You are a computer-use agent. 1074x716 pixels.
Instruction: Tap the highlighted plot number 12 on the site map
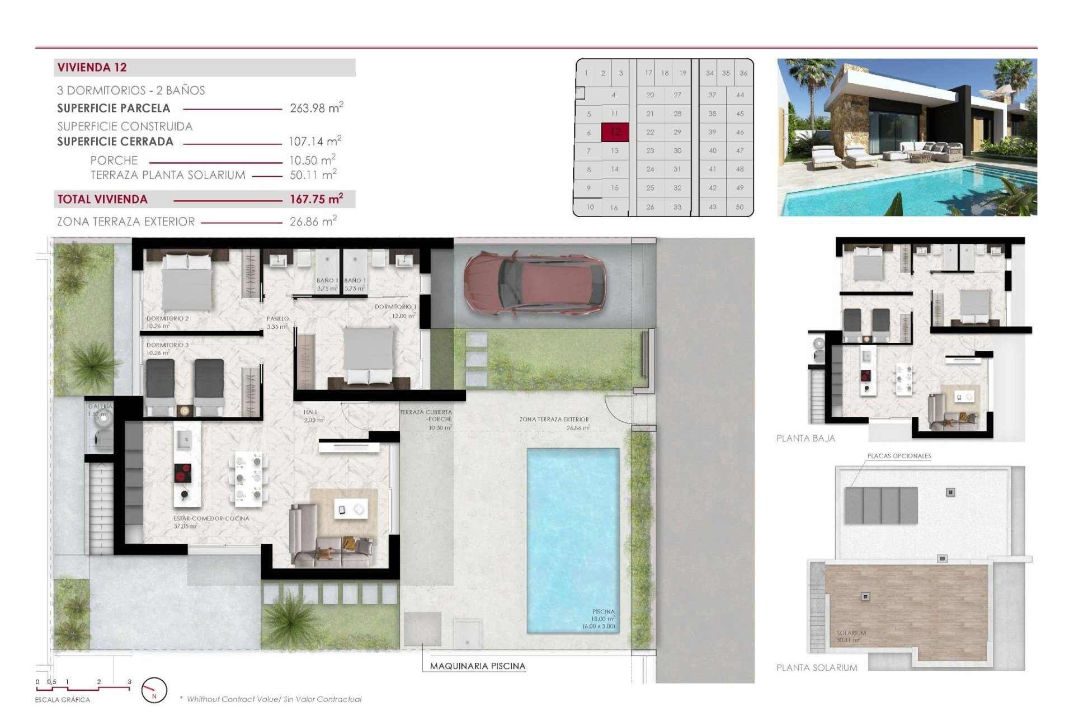click(x=615, y=132)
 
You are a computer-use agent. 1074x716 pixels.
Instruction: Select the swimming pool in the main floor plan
click(x=573, y=540)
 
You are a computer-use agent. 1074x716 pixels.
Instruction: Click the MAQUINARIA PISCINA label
click(x=477, y=666)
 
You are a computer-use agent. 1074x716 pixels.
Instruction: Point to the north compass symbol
click(x=154, y=690)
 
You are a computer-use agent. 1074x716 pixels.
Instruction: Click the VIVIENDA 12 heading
click(x=92, y=68)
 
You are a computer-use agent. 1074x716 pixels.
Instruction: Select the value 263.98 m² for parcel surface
click(x=315, y=108)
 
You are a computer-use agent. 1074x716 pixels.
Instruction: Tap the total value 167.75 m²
click(x=315, y=199)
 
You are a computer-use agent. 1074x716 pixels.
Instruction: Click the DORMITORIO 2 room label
click(x=167, y=318)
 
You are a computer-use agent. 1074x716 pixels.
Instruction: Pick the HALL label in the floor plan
click(x=310, y=412)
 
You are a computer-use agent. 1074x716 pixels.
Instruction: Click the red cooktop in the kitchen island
click(x=183, y=473)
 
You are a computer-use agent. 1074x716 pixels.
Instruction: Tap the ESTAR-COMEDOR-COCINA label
click(x=211, y=519)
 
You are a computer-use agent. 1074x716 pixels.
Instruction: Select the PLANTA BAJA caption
click(x=805, y=439)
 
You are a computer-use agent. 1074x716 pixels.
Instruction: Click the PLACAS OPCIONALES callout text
click(x=899, y=456)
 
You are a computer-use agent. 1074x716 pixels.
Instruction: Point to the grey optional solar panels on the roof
click(x=881, y=505)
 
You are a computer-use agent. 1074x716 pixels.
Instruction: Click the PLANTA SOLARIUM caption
click(x=817, y=667)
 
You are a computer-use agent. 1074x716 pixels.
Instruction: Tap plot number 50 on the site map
click(x=739, y=207)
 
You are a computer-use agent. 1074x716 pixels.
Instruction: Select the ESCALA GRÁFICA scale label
click(x=62, y=700)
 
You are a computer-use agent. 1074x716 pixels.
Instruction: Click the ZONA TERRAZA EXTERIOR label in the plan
click(x=554, y=420)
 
